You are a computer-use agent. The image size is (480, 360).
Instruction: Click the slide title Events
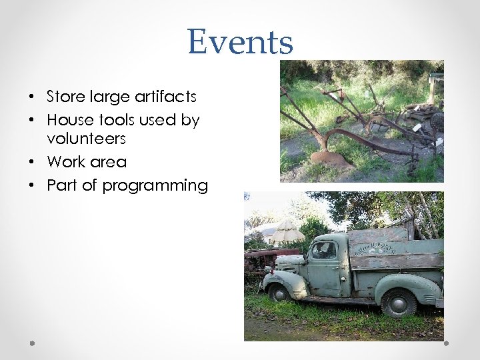pyautogui.click(x=240, y=42)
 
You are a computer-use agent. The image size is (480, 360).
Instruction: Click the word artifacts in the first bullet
pyautogui.click(x=166, y=97)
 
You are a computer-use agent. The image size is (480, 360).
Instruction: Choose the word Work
pyautogui.click(x=65, y=162)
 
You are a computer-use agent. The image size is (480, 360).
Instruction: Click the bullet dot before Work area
pyautogui.click(x=33, y=163)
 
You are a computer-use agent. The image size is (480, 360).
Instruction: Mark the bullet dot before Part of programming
pyautogui.click(x=33, y=186)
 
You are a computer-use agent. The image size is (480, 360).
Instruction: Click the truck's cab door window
pyautogui.click(x=324, y=250)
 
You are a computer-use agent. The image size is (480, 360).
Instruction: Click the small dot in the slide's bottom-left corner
pyautogui.click(x=32, y=343)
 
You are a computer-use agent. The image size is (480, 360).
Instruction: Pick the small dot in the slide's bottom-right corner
pyautogui.click(x=446, y=343)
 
